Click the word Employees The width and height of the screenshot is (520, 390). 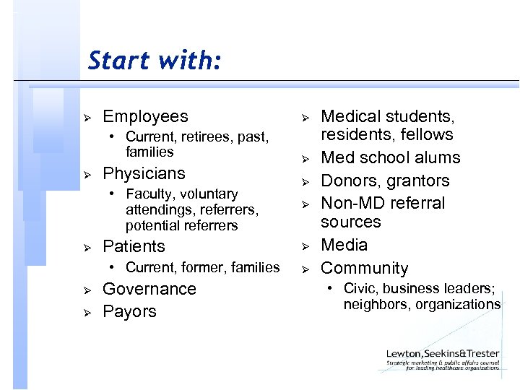coord(145,116)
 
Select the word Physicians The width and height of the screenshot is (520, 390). coord(144,173)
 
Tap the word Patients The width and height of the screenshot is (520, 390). coord(134,246)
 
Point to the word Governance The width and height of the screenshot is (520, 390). coord(149,289)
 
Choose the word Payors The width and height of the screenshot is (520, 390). coord(129,311)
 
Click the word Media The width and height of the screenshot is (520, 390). coord(344,245)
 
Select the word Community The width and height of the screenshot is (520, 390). coord(364,268)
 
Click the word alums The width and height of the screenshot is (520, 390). coord(436,157)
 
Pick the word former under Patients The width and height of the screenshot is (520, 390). coord(203,267)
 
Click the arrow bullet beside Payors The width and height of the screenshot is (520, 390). coord(86,312)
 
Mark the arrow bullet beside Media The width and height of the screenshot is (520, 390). coord(304,246)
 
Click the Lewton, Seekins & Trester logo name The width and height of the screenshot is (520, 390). coord(442,352)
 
